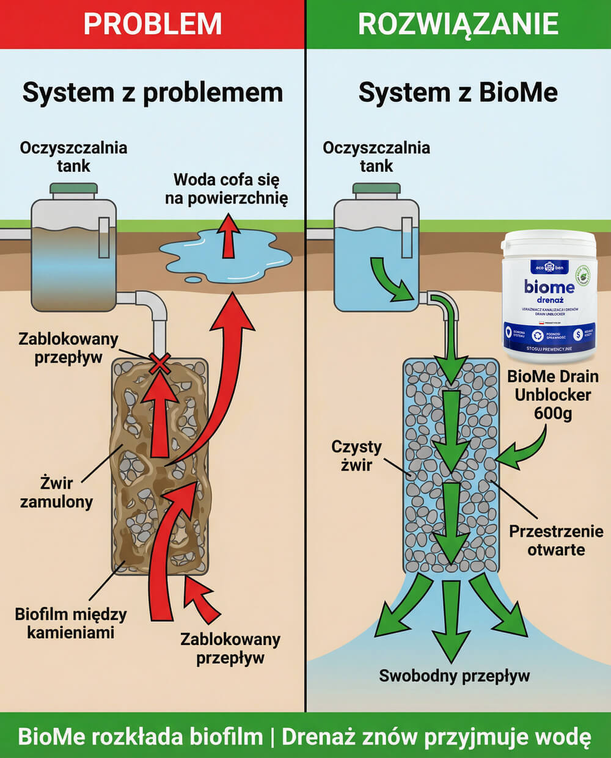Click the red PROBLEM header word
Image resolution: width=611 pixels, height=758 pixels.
(152, 24)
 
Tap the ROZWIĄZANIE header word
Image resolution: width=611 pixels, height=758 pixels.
(458, 24)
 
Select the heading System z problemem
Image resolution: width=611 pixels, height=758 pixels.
(153, 93)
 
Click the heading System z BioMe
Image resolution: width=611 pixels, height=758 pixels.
(458, 93)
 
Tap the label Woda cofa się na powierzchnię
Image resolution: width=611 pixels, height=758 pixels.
(226, 189)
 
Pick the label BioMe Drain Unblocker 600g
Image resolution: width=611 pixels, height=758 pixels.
(552, 395)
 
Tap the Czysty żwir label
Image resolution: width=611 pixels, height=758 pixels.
(356, 456)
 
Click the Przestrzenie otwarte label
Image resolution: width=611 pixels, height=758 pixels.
(556, 540)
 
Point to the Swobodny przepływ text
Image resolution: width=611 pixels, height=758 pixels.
(454, 676)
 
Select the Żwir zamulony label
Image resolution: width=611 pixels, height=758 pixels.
(56, 492)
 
